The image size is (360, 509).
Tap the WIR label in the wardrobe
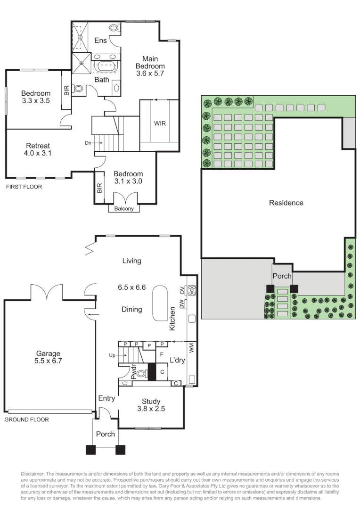[160, 123]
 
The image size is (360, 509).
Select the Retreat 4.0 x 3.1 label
[38, 149]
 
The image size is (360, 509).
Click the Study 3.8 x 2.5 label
[151, 405]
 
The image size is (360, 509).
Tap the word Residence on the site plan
[286, 203]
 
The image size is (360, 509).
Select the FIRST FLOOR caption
[24, 187]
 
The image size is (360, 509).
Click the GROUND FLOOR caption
[27, 419]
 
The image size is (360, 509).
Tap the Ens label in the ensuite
[100, 41]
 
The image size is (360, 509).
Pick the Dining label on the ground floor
[132, 310]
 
